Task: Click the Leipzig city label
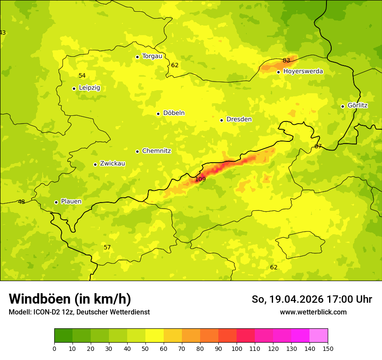coord(89,88)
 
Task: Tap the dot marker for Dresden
coord(221,120)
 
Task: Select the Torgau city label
coord(152,56)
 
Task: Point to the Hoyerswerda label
coord(303,71)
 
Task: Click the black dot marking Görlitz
coord(342,106)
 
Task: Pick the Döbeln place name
coord(174,113)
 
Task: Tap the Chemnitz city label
coord(156,151)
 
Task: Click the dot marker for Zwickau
coord(95,164)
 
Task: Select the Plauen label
coord(71,201)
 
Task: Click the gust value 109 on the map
coord(200,179)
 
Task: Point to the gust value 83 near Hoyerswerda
coord(286,60)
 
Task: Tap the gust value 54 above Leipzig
coord(82,76)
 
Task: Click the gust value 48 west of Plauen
coord(21,202)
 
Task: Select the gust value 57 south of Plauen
coord(107,248)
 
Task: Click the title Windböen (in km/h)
coord(70,299)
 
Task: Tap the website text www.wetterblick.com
coord(313,312)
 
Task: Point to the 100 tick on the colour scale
coord(237,348)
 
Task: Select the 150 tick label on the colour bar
coord(328,348)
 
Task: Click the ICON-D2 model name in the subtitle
coord(46,312)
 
